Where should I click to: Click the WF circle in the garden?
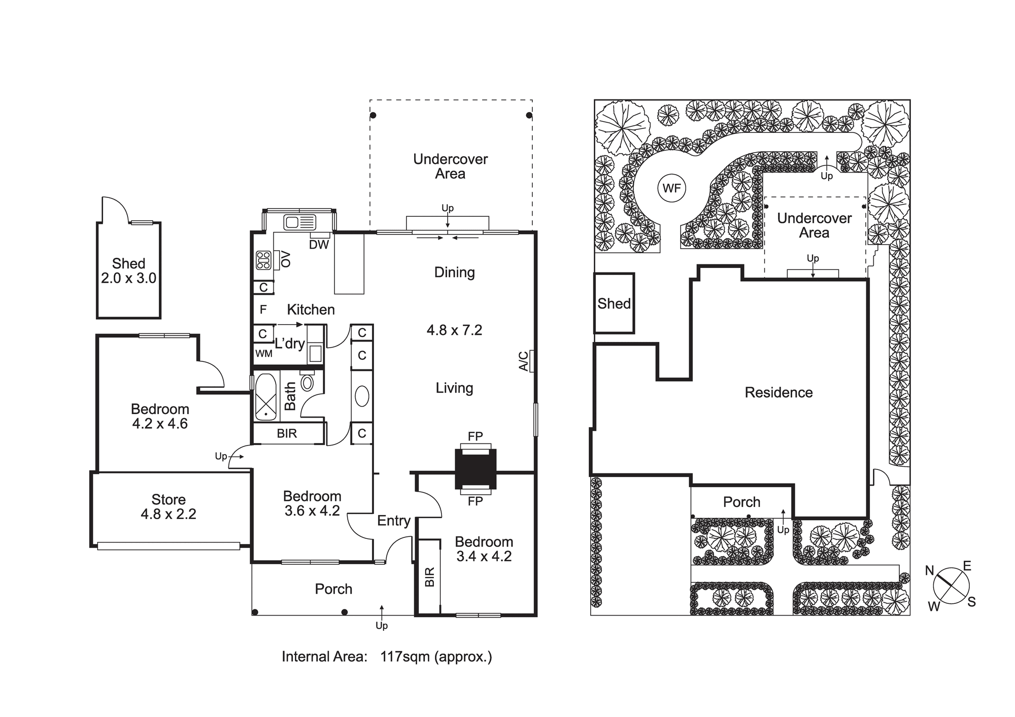pos(671,188)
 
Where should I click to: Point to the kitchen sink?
pos(300,222)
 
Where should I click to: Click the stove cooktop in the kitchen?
pos(263,260)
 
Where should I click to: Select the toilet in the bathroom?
pos(307,381)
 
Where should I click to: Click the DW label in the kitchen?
pos(319,245)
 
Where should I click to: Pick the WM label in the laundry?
pos(264,354)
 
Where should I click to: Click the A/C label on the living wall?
pos(523,361)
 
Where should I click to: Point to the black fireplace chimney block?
pos(475,469)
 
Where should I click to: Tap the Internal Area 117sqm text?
pos(387,657)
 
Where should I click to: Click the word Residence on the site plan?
pos(779,392)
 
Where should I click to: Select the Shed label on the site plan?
pos(614,303)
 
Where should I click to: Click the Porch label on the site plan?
pos(741,502)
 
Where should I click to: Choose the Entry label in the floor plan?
pos(394,521)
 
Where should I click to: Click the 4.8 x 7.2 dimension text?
pos(454,330)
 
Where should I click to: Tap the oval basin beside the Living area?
pos(362,396)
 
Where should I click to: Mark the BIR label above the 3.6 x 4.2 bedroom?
pos(287,433)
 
